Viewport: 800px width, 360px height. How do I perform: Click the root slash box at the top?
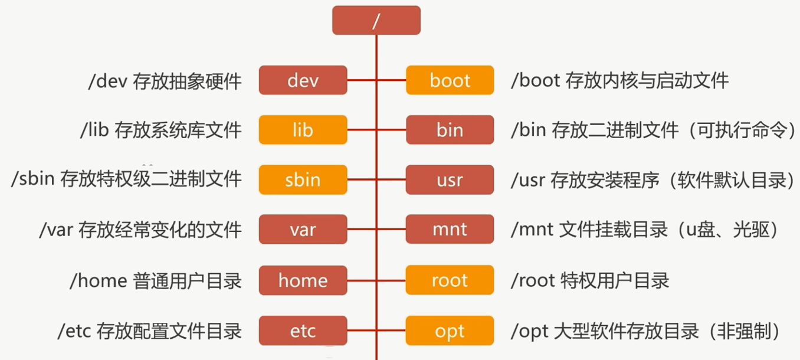tap(376, 20)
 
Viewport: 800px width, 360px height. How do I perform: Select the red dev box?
tap(303, 80)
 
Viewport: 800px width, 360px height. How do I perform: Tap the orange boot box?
tap(450, 80)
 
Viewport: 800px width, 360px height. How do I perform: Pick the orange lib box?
tap(303, 130)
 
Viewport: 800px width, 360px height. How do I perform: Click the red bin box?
tap(450, 130)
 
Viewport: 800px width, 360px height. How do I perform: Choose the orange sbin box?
tap(303, 179)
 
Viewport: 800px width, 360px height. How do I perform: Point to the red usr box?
tap(450, 179)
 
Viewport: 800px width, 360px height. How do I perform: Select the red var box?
tap(303, 230)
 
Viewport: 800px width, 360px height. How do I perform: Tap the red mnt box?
tap(450, 230)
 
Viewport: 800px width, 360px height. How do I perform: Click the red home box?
tap(303, 280)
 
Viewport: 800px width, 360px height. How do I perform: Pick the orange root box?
tap(450, 280)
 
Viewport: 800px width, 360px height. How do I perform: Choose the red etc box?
tap(303, 330)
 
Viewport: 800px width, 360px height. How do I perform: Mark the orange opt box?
tap(450, 330)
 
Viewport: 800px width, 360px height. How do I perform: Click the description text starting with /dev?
tap(165, 81)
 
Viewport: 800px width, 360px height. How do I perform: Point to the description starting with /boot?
tap(619, 80)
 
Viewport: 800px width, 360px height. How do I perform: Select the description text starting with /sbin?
tap(126, 179)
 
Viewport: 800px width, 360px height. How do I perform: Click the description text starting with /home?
tap(156, 280)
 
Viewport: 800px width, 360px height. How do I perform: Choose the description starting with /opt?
tap(650, 330)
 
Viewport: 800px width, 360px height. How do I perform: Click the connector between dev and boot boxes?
tap(376, 80)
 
